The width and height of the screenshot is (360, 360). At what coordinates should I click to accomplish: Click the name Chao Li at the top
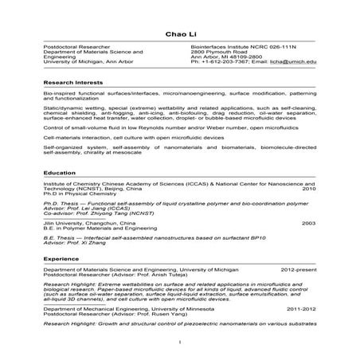tap(179, 33)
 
